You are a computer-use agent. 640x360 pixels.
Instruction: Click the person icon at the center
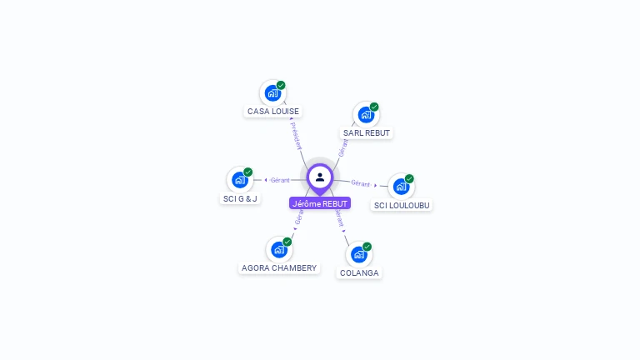320,177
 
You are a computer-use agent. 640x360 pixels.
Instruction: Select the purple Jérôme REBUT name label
320,203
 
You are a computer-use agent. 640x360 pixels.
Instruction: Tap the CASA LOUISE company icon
272,92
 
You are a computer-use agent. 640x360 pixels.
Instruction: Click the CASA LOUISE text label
273,112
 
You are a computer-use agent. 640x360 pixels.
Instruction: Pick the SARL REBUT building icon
366,114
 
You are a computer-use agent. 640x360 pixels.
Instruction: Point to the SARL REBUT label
367,133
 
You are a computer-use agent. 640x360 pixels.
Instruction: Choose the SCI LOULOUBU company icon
401,186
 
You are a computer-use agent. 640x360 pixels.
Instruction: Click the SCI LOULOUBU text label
402,205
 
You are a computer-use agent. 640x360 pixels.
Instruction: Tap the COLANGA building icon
358,254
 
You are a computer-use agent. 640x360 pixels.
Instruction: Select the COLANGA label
359,273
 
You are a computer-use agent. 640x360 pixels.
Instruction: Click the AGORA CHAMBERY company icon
278,249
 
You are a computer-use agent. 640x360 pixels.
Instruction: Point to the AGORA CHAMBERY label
279,268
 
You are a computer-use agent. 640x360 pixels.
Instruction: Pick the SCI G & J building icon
240,179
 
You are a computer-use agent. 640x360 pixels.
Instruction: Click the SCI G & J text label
240,199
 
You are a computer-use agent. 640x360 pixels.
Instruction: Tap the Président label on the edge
297,135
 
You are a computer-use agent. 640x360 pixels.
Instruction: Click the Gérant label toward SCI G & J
280,180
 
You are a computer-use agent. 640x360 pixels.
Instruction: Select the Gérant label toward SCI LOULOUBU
360,183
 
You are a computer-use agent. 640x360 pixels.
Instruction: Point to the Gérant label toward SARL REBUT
342,147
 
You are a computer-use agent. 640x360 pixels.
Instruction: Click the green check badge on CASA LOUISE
282,85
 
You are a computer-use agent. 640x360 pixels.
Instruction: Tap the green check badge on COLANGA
367,247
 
